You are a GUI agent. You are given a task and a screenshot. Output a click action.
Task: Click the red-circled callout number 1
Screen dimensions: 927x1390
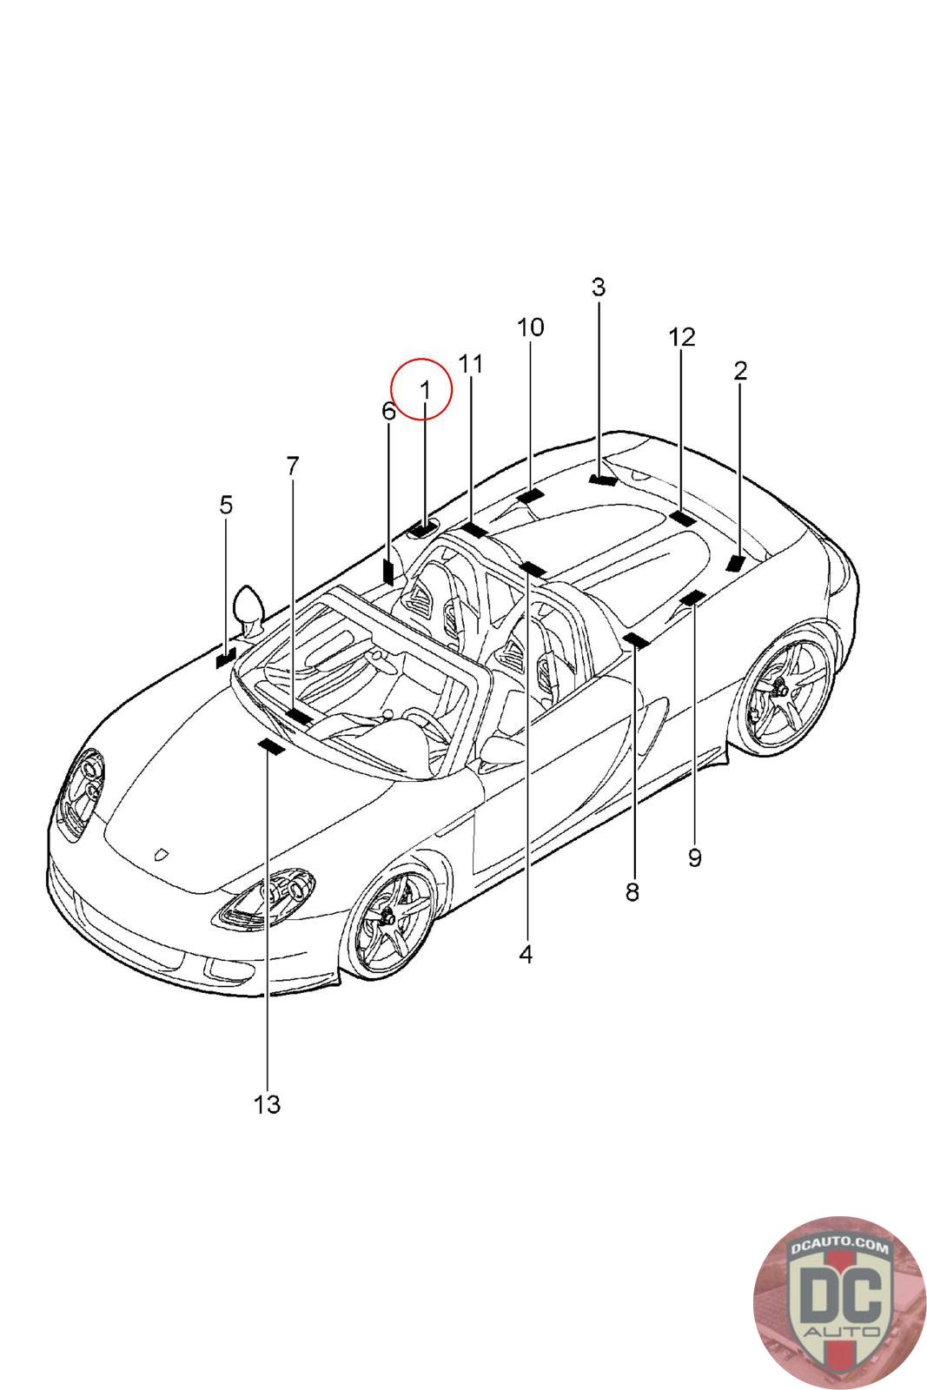[424, 391]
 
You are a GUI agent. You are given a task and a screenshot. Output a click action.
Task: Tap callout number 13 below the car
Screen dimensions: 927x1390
[268, 1104]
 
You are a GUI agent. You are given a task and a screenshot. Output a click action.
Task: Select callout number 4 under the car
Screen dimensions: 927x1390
[526, 954]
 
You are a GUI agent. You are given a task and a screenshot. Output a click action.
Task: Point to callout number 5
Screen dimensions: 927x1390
[226, 505]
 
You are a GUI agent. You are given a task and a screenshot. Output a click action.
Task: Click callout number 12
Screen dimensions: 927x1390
[682, 337]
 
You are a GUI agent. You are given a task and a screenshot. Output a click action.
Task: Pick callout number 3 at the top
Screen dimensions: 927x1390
[598, 288]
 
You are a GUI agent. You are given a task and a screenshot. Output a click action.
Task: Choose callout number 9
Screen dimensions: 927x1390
[694, 857]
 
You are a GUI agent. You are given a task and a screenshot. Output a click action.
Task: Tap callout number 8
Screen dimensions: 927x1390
[632, 891]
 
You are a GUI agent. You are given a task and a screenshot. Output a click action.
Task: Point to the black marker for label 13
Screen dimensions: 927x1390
[271, 746]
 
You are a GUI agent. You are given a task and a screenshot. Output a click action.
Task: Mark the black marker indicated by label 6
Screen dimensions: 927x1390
[388, 571]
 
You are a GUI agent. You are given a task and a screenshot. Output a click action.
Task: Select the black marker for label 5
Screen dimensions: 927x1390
[225, 658]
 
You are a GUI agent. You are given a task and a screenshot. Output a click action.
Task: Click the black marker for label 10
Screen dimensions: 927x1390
[530, 496]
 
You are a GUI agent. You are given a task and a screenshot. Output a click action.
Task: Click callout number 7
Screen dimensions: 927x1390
[292, 467]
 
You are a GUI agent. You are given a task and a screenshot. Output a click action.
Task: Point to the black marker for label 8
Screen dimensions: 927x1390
[636, 641]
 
